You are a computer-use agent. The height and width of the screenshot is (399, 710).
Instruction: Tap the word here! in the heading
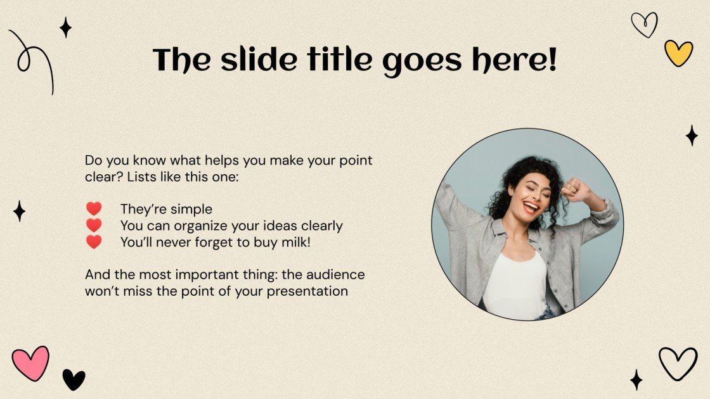coord(513,60)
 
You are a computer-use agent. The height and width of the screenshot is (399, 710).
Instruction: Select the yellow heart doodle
coord(678,53)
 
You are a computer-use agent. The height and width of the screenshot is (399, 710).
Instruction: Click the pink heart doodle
coord(30,364)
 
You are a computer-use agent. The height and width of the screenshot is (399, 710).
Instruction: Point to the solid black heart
coord(74,379)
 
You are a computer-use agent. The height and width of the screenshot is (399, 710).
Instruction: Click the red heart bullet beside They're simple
coord(94,208)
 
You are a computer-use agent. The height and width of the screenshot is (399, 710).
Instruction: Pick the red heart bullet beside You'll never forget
coord(94,241)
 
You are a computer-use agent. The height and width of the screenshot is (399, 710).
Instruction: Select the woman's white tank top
coord(515,284)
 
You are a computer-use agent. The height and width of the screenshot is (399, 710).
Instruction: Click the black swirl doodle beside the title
coord(32,61)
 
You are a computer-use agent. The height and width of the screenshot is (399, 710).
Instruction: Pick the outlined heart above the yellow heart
coord(644,25)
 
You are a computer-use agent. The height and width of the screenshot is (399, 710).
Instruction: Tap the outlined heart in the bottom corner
coord(678,364)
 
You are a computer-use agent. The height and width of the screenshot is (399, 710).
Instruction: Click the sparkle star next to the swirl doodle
coord(66,28)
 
